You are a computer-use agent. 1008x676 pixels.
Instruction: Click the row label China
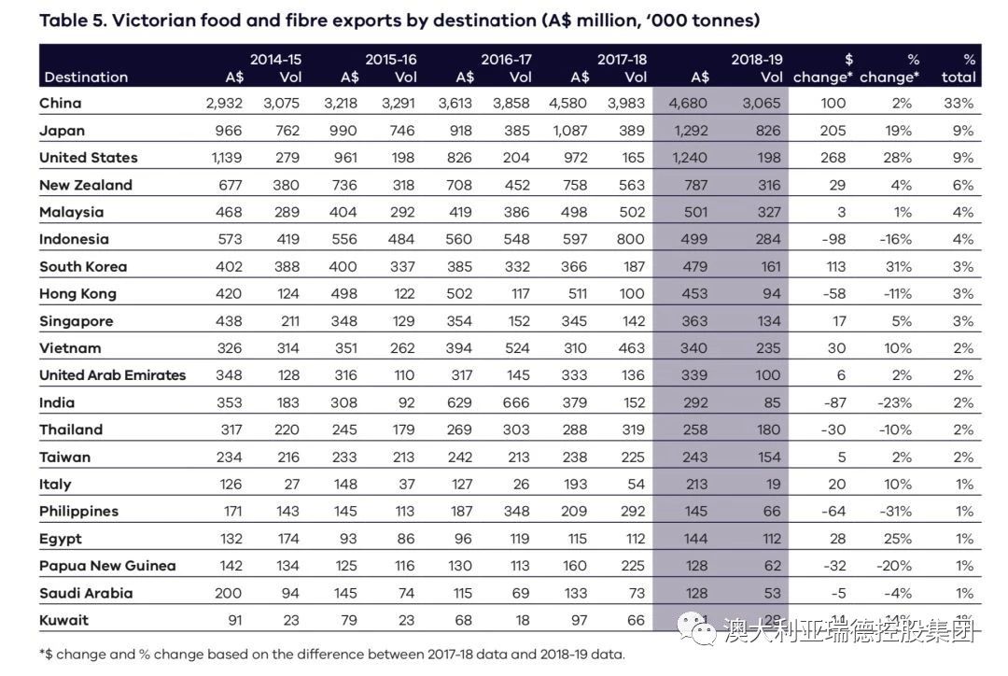(x=61, y=103)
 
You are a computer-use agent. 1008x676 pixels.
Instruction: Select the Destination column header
(x=86, y=77)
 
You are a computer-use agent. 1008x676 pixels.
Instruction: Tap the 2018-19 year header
(x=757, y=59)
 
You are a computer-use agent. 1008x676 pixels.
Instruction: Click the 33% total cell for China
(x=959, y=103)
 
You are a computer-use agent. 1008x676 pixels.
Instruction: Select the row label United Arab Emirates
(x=113, y=375)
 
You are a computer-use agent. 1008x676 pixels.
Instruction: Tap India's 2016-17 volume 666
(x=516, y=402)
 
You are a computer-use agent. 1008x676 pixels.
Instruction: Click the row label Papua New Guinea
(x=107, y=566)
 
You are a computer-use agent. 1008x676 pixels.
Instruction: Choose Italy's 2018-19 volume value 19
(x=773, y=485)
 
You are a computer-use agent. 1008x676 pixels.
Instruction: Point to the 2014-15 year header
(x=275, y=59)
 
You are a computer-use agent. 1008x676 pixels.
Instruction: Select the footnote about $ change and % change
(x=331, y=655)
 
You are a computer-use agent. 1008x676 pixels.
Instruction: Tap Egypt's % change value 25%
(x=902, y=539)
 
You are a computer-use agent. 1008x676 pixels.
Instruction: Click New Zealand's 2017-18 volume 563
(x=632, y=185)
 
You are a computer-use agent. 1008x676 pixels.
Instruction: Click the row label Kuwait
(x=64, y=620)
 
